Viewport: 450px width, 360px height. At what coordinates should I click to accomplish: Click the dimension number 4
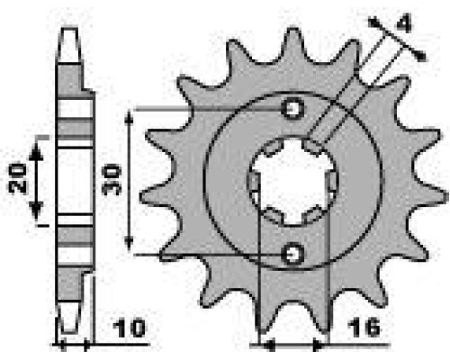(404, 23)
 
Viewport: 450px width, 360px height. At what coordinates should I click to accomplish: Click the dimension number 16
(364, 328)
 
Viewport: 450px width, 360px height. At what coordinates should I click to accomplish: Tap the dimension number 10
(130, 328)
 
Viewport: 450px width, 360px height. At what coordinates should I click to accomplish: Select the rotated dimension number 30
(112, 179)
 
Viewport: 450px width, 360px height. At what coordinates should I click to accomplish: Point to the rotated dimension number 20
(17, 178)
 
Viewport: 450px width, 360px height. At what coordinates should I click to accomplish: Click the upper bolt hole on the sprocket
(292, 108)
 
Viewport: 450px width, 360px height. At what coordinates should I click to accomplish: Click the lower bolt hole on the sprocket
(292, 254)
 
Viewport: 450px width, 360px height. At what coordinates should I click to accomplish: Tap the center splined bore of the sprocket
(292, 182)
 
